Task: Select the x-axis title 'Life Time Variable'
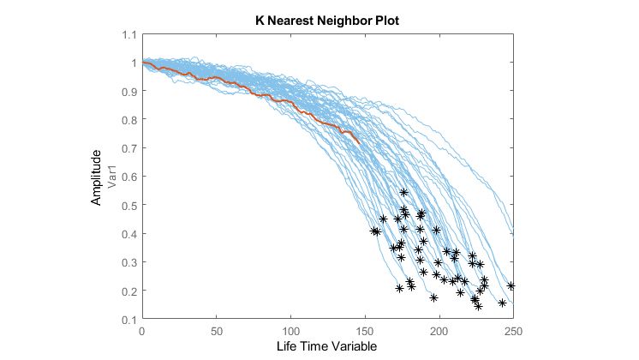(326, 345)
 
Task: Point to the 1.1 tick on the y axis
(128, 34)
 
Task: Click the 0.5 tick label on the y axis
(128, 206)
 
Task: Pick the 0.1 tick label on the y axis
(128, 320)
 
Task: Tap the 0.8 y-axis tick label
(128, 120)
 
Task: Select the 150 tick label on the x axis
(365, 331)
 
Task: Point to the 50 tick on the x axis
(216, 331)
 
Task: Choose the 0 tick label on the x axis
(142, 331)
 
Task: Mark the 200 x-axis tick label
(439, 331)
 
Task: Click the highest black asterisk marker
(404, 193)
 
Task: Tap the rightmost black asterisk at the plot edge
(511, 285)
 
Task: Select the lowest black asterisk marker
(478, 306)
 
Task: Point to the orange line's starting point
(143, 63)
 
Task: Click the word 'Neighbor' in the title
(338, 19)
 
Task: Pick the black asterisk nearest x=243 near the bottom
(503, 303)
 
